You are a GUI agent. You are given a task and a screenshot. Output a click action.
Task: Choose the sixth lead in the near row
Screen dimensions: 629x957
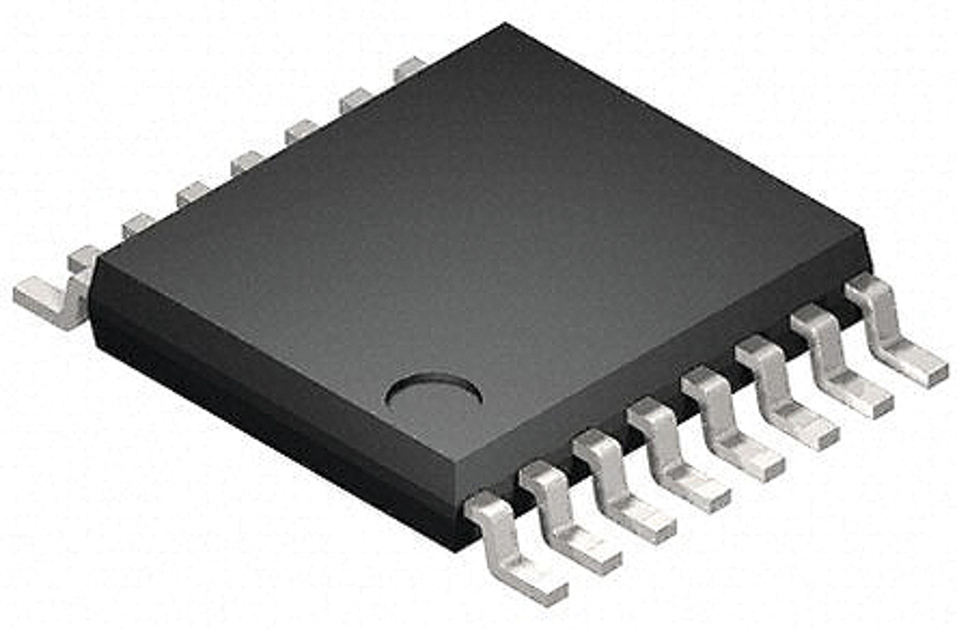click(786, 393)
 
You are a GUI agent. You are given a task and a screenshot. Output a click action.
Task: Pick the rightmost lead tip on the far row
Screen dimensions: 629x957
click(409, 69)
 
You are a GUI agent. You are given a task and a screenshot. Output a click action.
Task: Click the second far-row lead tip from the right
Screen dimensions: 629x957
click(355, 100)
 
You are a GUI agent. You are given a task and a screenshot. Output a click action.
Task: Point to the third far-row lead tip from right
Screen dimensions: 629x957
click(301, 130)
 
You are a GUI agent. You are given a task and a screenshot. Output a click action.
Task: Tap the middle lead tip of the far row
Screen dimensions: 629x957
click(246, 163)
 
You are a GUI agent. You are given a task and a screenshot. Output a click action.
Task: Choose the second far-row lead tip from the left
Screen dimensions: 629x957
click(138, 225)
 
